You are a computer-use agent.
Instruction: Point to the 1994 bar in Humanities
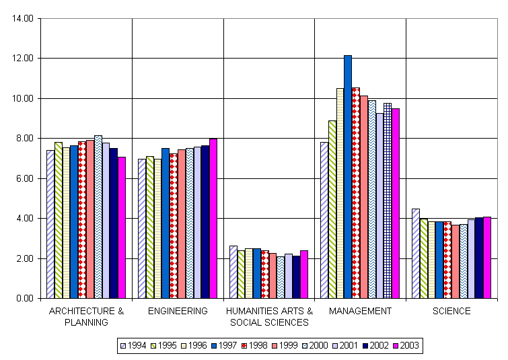pyautogui.click(x=233, y=272)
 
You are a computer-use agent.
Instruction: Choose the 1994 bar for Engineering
pyautogui.click(x=142, y=229)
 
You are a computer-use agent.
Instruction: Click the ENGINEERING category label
pyautogui.click(x=178, y=311)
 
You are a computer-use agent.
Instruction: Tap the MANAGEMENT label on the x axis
pyautogui.click(x=361, y=311)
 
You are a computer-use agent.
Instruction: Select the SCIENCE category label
pyautogui.click(x=451, y=311)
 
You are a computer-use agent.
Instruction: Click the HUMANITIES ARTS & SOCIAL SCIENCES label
pyautogui.click(x=269, y=316)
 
